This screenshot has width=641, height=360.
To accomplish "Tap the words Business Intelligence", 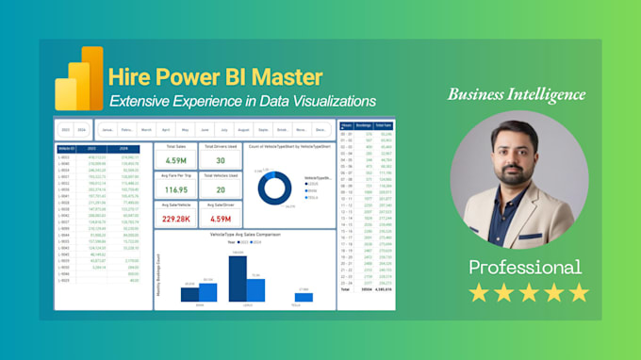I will [x=516, y=94].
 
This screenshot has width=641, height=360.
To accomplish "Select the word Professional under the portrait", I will [x=525, y=267].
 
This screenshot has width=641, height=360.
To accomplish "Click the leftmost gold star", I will [x=479, y=293].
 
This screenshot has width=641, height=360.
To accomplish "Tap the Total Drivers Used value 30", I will [x=219, y=162].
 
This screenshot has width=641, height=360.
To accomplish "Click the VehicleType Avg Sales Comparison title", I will [x=245, y=234].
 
